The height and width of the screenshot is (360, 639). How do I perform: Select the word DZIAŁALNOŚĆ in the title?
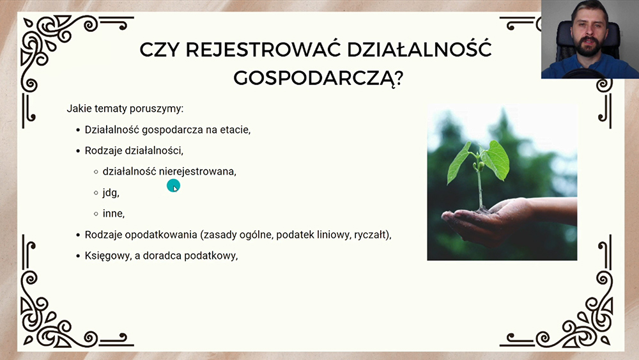point(419,49)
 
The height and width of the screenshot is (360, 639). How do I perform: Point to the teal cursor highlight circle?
point(173,185)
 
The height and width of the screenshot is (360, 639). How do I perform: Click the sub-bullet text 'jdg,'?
point(111,192)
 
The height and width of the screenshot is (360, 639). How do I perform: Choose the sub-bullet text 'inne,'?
point(114,213)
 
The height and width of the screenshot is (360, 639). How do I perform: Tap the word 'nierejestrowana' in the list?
point(197,171)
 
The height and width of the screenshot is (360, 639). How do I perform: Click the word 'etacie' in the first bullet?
point(235,130)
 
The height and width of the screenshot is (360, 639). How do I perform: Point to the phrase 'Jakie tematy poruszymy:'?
point(125,109)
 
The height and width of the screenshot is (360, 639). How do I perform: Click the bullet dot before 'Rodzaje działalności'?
point(78,151)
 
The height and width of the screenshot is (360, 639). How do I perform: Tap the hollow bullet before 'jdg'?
point(96,193)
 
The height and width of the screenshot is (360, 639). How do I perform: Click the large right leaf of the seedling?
point(496,160)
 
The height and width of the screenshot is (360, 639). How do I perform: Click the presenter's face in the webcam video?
point(589,35)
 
